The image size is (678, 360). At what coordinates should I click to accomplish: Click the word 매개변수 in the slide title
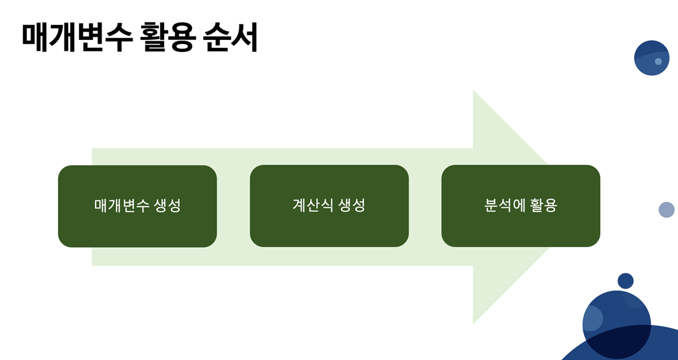[76, 38]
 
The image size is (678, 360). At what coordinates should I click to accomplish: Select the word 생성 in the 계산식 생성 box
[352, 206]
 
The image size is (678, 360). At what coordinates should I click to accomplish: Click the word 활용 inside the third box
[543, 206]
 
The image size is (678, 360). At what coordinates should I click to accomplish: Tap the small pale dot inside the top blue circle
[658, 61]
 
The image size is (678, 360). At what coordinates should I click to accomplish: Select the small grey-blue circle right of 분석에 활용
[667, 210]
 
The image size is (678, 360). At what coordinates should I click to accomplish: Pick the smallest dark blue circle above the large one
[625, 281]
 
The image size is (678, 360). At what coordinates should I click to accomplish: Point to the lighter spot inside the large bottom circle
[593, 318]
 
